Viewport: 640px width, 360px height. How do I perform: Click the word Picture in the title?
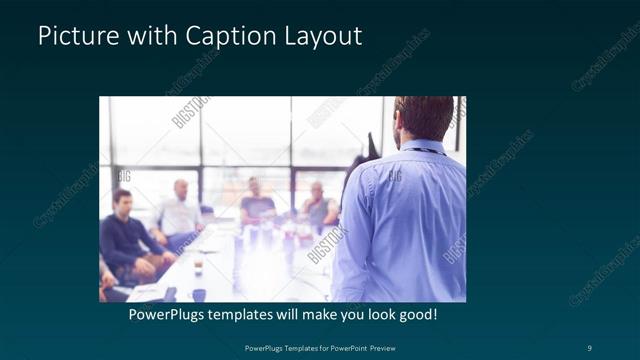pyautogui.click(x=74, y=36)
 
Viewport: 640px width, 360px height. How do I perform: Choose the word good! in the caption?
pyautogui.click(x=416, y=315)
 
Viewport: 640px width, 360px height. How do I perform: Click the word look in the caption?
pyautogui.click(x=373, y=315)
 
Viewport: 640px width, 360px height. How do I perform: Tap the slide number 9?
pyautogui.click(x=589, y=348)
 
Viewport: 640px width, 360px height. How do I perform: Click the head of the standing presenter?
pyautogui.click(x=426, y=118)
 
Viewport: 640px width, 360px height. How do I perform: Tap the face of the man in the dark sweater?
pyautogui.click(x=122, y=201)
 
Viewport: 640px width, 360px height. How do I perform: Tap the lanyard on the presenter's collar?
pyautogui.click(x=425, y=151)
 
